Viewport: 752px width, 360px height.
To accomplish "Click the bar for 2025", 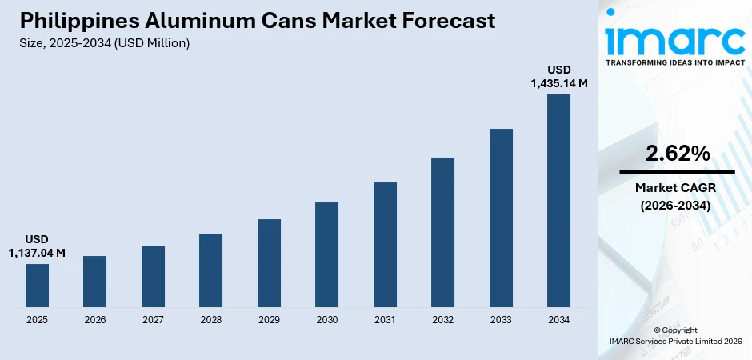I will (37, 286).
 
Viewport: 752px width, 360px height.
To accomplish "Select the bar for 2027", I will (153, 276).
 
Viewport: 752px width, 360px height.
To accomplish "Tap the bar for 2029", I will (269, 263).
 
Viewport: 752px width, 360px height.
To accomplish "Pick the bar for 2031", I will (385, 245).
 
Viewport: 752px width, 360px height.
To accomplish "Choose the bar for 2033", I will (501, 218).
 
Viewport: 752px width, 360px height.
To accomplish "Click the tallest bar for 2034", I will (558, 201).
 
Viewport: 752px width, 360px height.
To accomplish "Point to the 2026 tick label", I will (94, 320).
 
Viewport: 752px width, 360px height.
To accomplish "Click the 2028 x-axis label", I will (210, 320).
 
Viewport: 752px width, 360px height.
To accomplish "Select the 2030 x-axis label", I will (326, 320).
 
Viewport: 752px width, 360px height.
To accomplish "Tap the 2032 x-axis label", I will (442, 320).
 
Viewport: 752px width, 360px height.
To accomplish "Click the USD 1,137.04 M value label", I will (37, 246).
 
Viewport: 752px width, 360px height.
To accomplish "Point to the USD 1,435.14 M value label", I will (558, 76).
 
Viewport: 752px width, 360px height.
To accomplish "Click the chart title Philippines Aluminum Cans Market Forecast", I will (257, 20).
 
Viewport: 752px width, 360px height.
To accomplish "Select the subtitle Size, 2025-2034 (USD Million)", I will (105, 43).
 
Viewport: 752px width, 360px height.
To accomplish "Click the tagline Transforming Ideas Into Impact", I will (677, 62).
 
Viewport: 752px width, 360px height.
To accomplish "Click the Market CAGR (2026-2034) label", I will (677, 196).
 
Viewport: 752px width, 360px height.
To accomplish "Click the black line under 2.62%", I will (677, 171).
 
